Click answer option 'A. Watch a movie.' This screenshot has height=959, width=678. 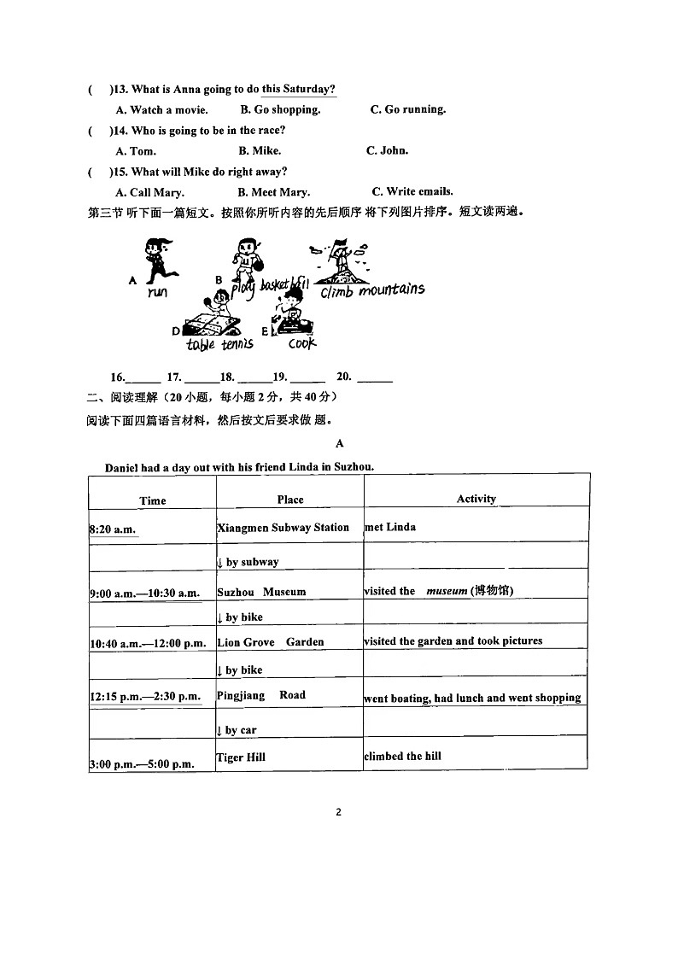tap(161, 110)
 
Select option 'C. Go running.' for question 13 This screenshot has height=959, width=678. tap(407, 109)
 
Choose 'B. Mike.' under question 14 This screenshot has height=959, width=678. tap(260, 151)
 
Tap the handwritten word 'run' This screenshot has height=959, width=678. tap(157, 292)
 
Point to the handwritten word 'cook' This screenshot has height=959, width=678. tap(301, 343)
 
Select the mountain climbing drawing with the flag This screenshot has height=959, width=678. tap(342, 260)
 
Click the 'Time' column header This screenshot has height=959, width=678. tap(153, 500)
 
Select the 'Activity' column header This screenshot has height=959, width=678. tap(476, 499)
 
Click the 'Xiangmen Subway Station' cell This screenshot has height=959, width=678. tap(283, 528)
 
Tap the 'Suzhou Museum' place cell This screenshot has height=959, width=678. tap(261, 592)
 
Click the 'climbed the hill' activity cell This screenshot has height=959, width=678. tap(402, 757)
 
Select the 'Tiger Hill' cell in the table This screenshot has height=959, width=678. tap(241, 757)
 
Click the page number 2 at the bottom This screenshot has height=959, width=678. tap(338, 812)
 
